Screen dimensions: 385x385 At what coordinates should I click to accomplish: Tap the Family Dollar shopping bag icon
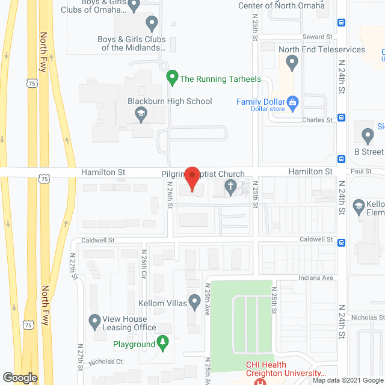(293, 102)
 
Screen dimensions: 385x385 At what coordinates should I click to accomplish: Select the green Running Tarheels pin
(171, 77)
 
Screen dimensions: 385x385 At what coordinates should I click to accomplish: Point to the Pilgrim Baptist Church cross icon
(230, 187)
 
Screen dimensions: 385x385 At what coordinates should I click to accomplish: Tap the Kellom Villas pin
(194, 300)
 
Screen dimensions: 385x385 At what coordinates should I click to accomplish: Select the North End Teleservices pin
(292, 61)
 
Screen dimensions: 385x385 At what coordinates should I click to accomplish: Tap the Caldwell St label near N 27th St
(99, 240)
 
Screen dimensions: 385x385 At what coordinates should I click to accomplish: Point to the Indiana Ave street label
(318, 278)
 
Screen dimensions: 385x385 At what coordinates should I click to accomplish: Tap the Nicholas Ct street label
(105, 362)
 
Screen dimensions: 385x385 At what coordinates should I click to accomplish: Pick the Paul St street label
(360, 171)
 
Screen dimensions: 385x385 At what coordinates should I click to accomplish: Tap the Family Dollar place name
(260, 102)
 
